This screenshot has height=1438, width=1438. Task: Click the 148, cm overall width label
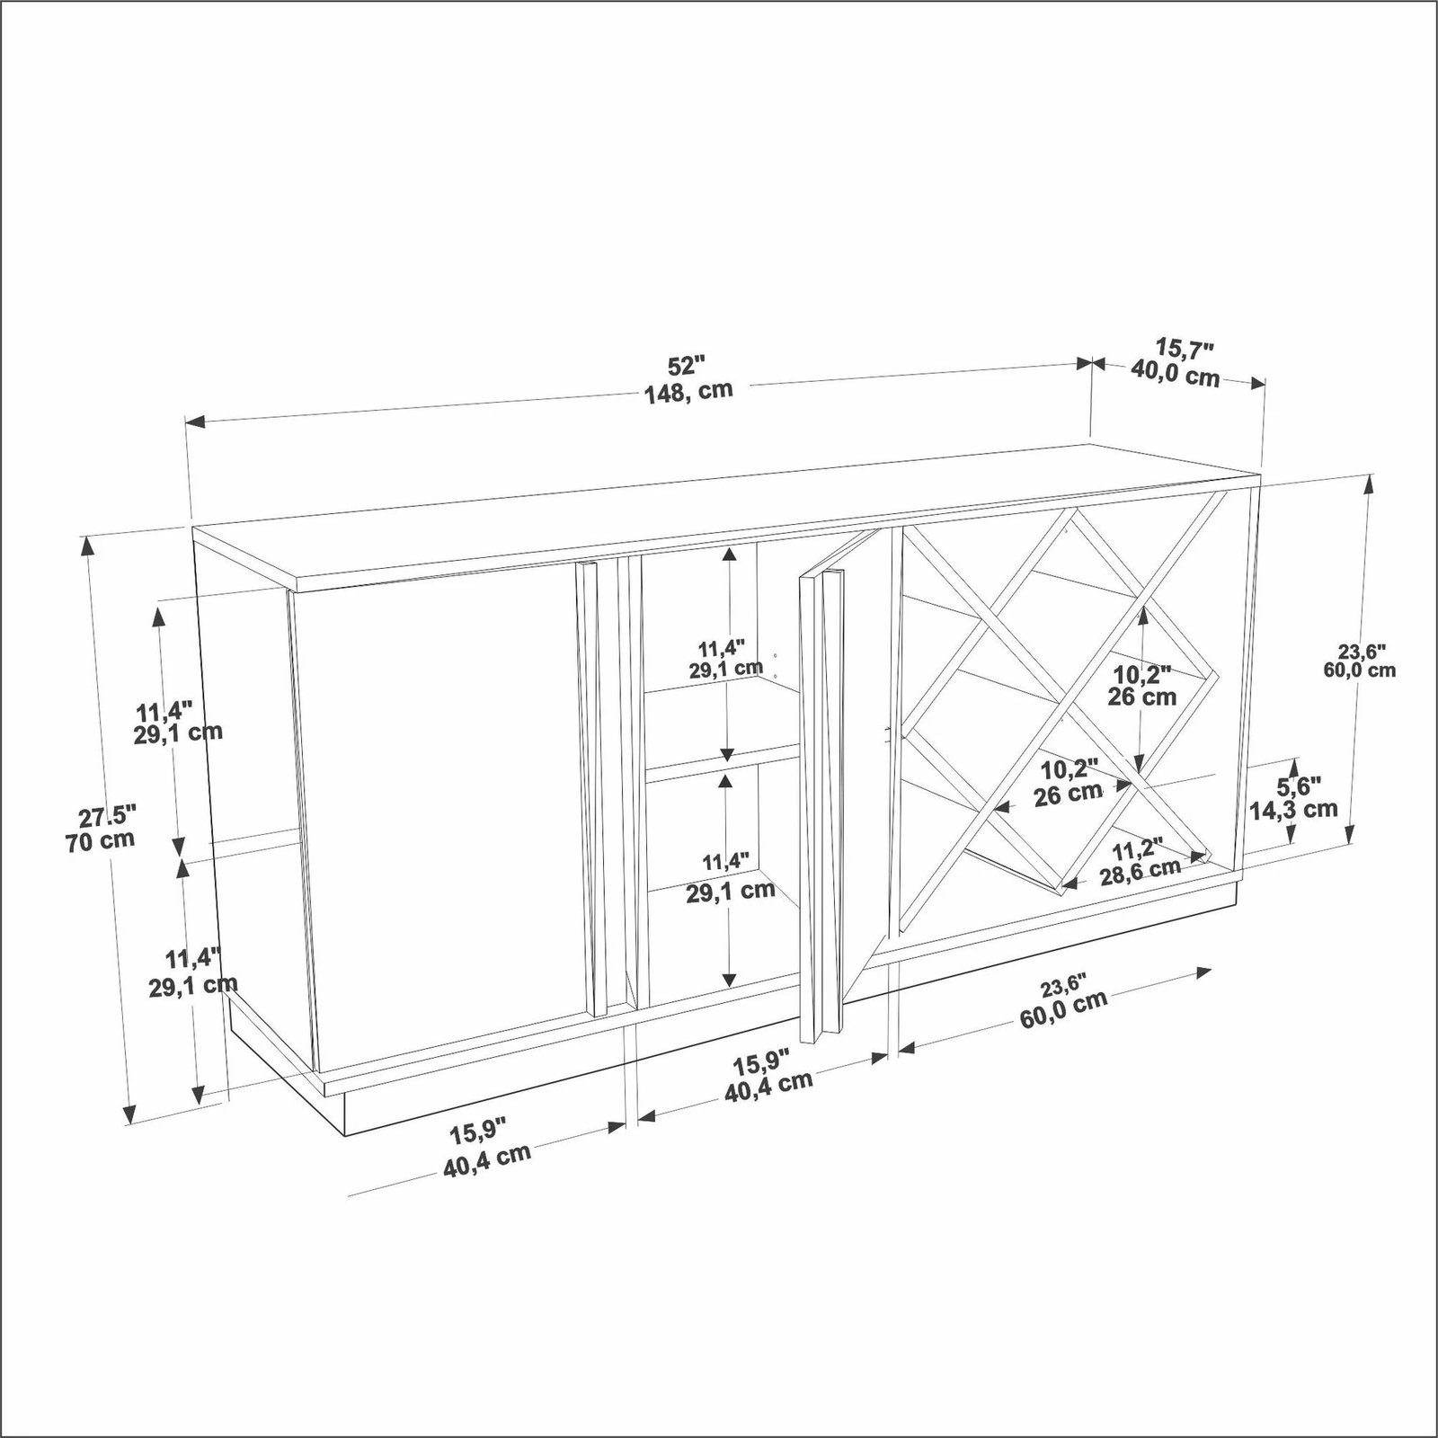coord(688,391)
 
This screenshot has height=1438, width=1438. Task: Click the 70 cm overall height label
coord(100,841)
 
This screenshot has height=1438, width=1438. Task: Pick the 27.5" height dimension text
coord(107,818)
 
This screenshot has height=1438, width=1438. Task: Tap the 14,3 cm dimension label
coord(1293,809)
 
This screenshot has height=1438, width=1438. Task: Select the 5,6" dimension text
coord(1299,786)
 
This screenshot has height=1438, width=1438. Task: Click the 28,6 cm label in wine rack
coord(1141,871)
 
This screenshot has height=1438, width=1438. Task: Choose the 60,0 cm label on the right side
coord(1359,670)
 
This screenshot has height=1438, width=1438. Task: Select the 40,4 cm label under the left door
coord(487,1162)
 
